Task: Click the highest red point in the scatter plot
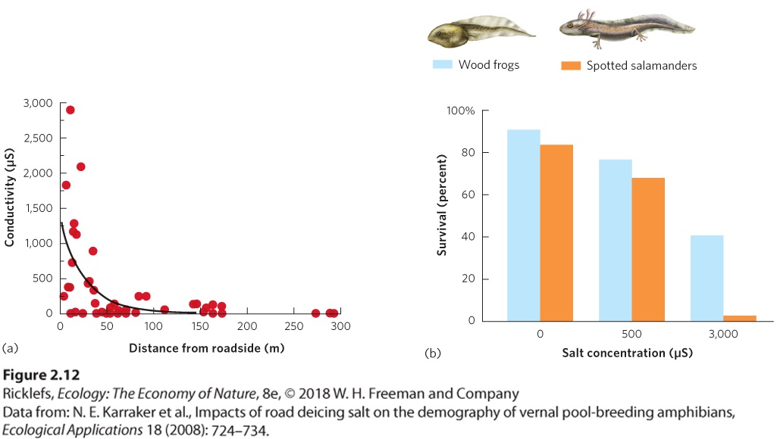70,110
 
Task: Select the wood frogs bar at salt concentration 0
523,226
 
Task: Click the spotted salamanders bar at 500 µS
648,250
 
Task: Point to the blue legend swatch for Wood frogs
442,64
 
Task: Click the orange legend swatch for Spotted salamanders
570,65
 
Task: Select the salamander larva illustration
627,28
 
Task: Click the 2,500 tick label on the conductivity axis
38,138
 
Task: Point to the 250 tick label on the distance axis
294,326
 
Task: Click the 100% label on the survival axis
460,111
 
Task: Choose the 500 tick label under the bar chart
631,334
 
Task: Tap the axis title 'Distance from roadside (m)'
207,348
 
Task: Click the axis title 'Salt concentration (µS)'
628,353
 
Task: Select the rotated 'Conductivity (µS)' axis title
9,198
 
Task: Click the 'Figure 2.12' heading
41,375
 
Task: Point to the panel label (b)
433,353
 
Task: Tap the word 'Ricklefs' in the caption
28,394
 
